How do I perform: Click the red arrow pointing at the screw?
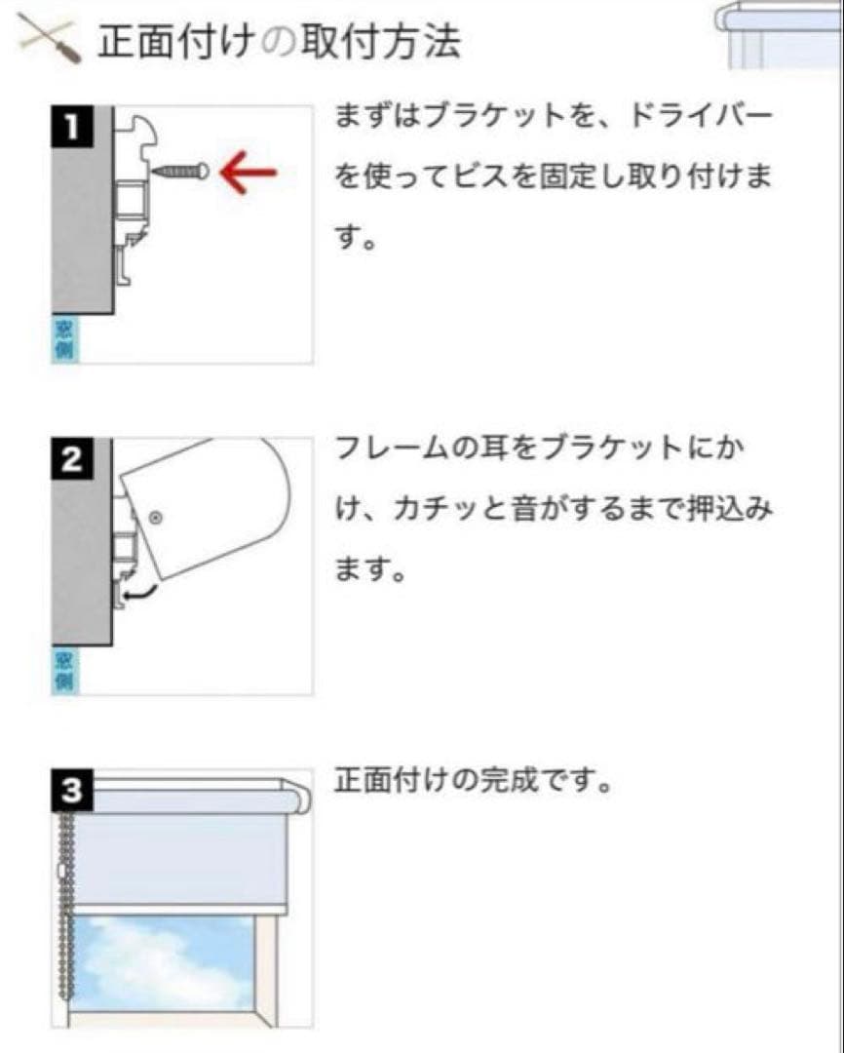(249, 174)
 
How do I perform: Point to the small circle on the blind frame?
(156, 514)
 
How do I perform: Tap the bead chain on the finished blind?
(66, 907)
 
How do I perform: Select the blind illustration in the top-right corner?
(779, 33)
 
